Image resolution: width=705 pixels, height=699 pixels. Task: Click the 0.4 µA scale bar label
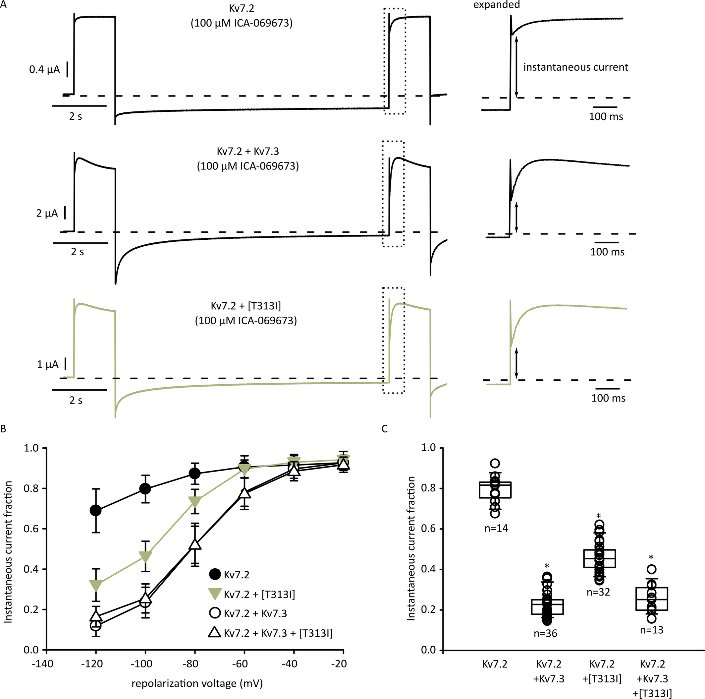point(44,69)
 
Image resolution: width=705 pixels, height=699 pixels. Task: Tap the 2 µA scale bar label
point(47,213)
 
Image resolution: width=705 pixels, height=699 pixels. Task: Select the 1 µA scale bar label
point(48,364)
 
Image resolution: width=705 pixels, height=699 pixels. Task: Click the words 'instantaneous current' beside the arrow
point(575,67)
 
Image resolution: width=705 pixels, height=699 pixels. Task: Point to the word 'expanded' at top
point(496,5)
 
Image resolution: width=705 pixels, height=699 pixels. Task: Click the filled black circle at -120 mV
point(96,510)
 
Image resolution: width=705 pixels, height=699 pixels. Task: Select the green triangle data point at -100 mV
point(145,557)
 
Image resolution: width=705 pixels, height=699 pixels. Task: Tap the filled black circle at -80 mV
point(195,474)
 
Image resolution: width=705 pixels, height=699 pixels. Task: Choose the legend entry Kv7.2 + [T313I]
point(259,595)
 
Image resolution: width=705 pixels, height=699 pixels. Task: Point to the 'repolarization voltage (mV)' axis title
point(197,683)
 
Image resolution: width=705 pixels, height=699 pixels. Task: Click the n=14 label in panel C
point(496,528)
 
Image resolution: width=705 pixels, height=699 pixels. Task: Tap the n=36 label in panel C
point(545,633)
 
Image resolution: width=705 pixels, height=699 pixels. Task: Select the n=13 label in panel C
point(651,630)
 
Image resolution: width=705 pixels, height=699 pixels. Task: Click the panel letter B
point(3,429)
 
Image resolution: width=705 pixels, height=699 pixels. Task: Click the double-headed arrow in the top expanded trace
point(516,67)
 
